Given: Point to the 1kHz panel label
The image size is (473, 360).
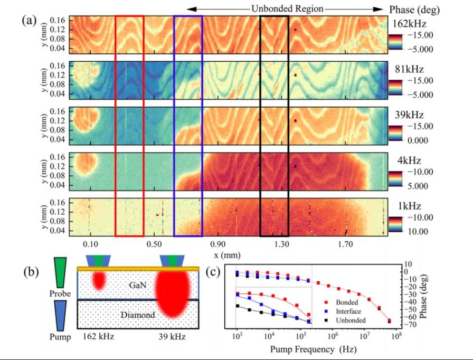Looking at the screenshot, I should (x=407, y=206).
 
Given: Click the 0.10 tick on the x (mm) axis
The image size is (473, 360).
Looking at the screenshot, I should (x=91, y=245).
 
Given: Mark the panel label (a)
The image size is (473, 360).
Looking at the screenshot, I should (x=30, y=20).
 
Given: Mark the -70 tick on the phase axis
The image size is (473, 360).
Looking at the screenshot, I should (x=410, y=324).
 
